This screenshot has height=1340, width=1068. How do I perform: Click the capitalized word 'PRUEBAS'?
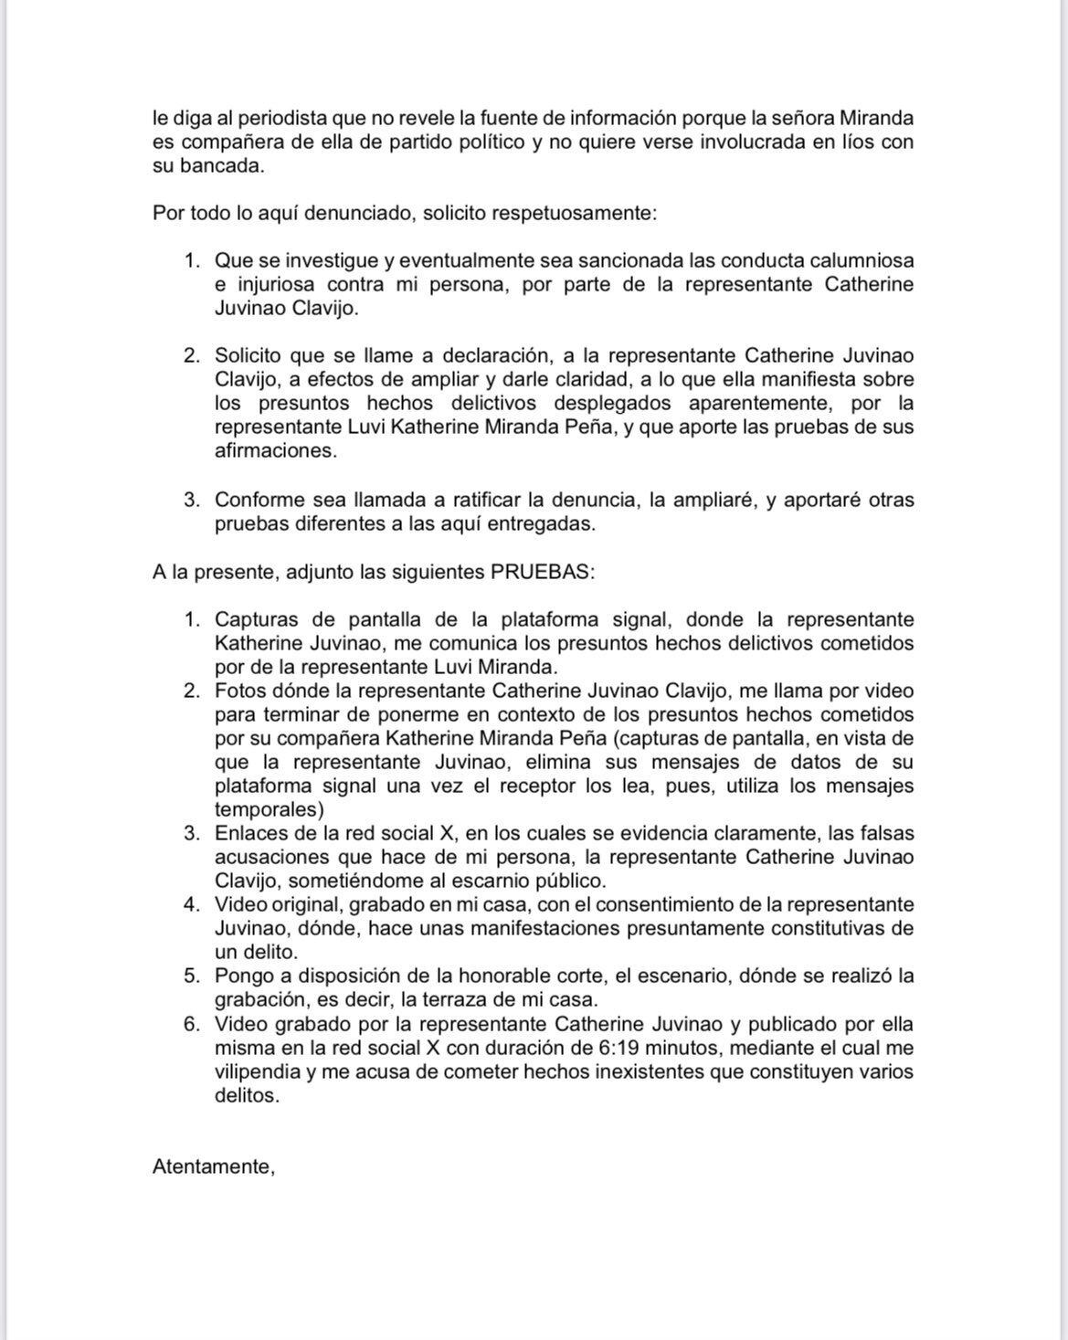click(541, 572)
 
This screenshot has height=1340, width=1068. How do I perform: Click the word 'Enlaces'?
click(247, 833)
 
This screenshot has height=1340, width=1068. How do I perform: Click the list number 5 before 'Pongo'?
click(191, 976)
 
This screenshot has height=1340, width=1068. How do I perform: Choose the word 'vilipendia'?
click(257, 1071)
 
